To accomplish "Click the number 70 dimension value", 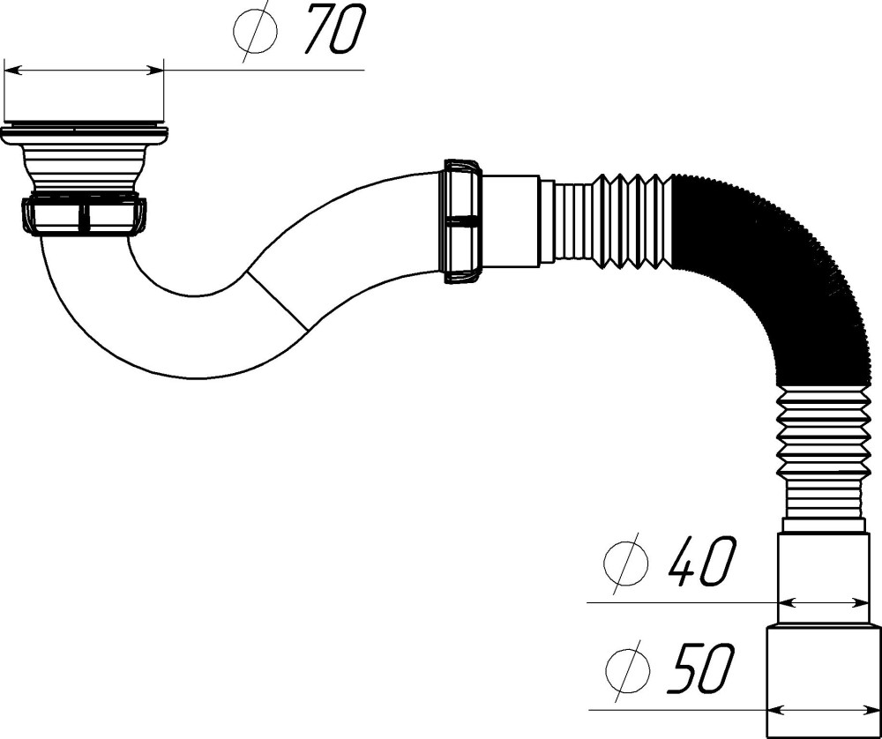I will (x=334, y=32).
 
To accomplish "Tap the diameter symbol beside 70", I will (x=255, y=33).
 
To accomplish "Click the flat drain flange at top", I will (x=84, y=134).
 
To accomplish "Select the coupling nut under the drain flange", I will (x=85, y=216).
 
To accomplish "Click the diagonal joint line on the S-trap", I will (x=276, y=301).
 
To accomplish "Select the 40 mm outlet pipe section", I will (x=824, y=578).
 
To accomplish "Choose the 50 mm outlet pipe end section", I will (x=824, y=679).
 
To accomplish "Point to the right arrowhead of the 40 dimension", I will (x=862, y=603).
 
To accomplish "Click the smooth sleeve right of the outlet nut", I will (x=512, y=220).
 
